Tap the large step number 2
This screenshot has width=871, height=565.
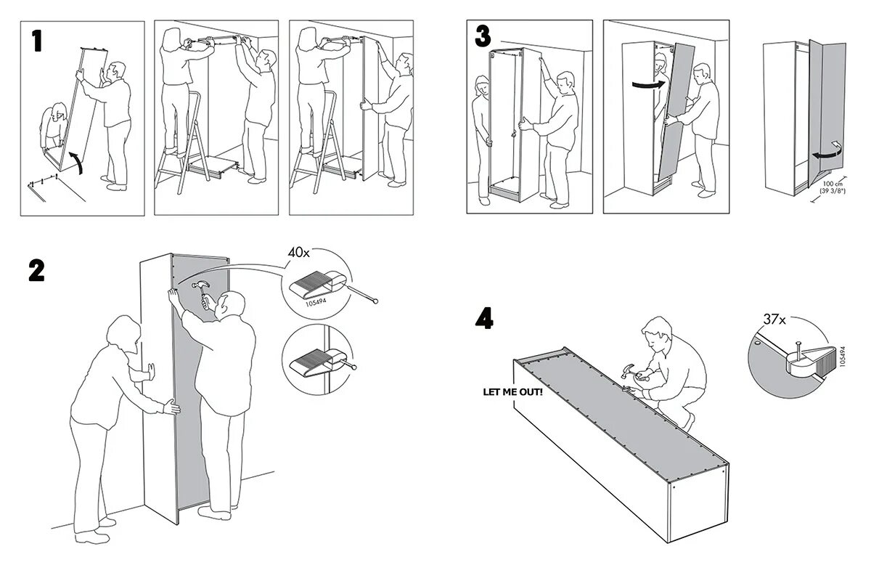36,270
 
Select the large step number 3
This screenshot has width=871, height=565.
483,36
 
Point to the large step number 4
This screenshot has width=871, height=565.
484,318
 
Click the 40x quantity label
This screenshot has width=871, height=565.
298,253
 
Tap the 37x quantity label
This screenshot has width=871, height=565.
774,318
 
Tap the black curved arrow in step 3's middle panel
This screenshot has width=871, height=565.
647,84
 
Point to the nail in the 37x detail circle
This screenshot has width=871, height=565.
797,350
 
